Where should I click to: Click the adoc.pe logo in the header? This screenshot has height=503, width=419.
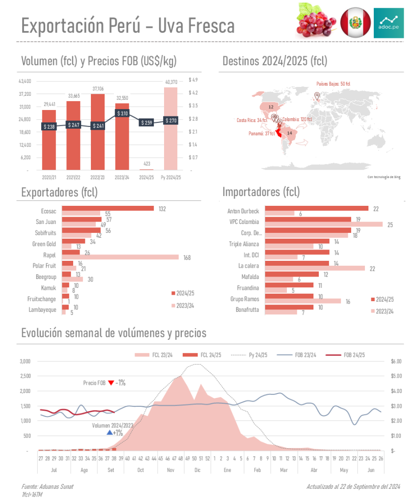pyautogui.click(x=389, y=23)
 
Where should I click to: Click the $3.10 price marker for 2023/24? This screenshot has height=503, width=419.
pyautogui.click(x=122, y=113)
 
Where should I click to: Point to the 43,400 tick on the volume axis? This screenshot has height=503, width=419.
pyautogui.click(x=25, y=81)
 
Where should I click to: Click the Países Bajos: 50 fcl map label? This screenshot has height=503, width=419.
pyautogui.click(x=333, y=84)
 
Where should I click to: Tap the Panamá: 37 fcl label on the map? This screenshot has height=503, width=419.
pyautogui.click(x=262, y=133)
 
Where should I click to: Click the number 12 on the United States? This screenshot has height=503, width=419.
pyautogui.click(x=271, y=107)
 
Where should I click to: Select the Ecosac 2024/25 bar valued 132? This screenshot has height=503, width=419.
pyautogui.click(x=108, y=209)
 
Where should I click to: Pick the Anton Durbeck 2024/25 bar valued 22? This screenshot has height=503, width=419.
pyautogui.click(x=316, y=209)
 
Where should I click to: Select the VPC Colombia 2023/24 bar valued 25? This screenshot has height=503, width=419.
pyautogui.click(x=324, y=224)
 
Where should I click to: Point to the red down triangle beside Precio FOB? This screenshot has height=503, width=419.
pyautogui.click(x=111, y=383)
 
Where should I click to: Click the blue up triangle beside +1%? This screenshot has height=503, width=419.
pyautogui.click(x=109, y=433)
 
